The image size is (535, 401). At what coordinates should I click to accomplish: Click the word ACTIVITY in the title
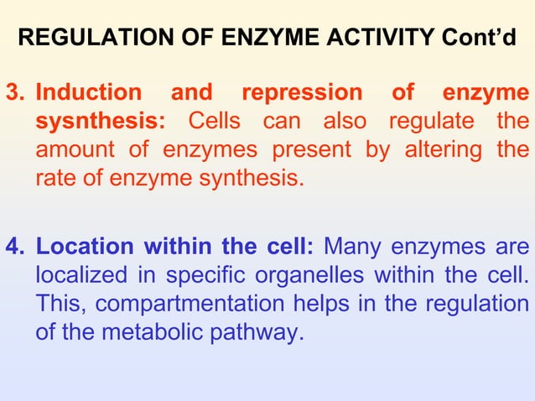point(373,38)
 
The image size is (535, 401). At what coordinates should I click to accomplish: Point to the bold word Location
point(85,247)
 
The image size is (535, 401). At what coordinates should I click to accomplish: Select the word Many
point(352,247)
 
